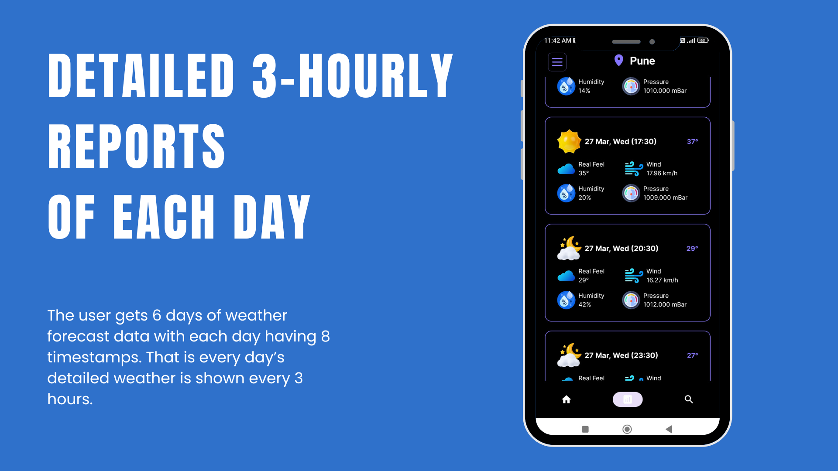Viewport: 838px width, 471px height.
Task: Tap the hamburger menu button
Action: (557, 62)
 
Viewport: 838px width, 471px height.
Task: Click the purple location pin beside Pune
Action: (618, 60)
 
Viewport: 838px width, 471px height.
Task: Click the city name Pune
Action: (642, 61)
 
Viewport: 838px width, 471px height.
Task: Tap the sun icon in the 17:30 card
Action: (569, 141)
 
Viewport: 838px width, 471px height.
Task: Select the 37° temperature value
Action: (692, 141)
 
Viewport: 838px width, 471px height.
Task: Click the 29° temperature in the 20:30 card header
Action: (692, 249)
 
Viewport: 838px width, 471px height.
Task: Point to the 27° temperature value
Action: (692, 355)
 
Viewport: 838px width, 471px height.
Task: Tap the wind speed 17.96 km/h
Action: (662, 174)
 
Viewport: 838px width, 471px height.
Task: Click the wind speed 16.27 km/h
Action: (662, 280)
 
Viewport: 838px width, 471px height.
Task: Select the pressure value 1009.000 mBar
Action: (665, 198)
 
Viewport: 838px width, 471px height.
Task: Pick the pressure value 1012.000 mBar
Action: (665, 304)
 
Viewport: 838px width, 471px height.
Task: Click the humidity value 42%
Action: (584, 304)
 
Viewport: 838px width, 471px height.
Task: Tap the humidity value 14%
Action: (584, 91)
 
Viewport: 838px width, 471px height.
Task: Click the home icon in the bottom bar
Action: (566, 399)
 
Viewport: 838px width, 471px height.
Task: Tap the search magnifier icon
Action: (689, 399)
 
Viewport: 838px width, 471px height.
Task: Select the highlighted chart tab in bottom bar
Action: (627, 399)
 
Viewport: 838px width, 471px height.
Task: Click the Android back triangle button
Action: (669, 429)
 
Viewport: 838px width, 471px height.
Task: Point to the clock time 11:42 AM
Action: (557, 41)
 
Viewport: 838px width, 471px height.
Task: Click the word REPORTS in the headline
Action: (136, 146)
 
